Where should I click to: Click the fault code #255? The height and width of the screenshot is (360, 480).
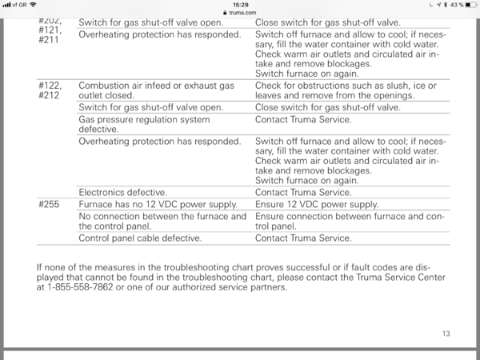(49, 205)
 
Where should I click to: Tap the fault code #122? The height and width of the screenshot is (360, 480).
(50, 85)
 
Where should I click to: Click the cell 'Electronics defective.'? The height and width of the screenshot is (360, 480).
(122, 192)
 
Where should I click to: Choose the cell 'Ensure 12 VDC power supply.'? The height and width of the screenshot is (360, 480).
(317, 205)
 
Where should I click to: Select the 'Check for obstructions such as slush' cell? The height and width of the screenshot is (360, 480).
(346, 90)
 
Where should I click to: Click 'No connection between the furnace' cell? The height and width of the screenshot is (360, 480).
(162, 221)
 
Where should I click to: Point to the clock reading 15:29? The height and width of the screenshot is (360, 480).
(239, 5)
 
